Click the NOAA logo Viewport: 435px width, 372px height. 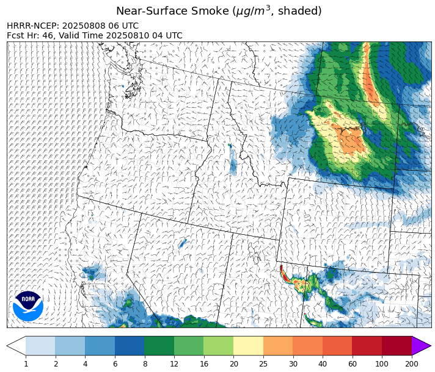(x=28, y=306)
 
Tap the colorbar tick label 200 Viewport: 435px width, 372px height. (x=412, y=363)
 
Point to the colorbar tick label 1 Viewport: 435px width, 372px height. (x=26, y=363)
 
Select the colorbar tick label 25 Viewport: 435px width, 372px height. (x=263, y=363)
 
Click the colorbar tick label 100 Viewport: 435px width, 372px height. (x=382, y=363)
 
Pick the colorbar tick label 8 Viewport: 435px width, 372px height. (x=144, y=363)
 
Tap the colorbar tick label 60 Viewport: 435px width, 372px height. (x=353, y=363)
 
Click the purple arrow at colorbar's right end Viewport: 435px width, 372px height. (x=420, y=346)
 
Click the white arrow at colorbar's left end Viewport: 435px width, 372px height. (x=16, y=346)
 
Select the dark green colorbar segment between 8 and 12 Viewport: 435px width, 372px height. (x=159, y=346)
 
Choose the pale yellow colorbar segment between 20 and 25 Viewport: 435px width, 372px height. (x=248, y=346)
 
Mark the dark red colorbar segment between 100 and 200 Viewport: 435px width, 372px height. (x=397, y=346)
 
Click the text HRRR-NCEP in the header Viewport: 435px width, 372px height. (x=33, y=26)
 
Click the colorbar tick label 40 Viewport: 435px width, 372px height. (x=323, y=363)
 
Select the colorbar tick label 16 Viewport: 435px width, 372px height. (x=203, y=363)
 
